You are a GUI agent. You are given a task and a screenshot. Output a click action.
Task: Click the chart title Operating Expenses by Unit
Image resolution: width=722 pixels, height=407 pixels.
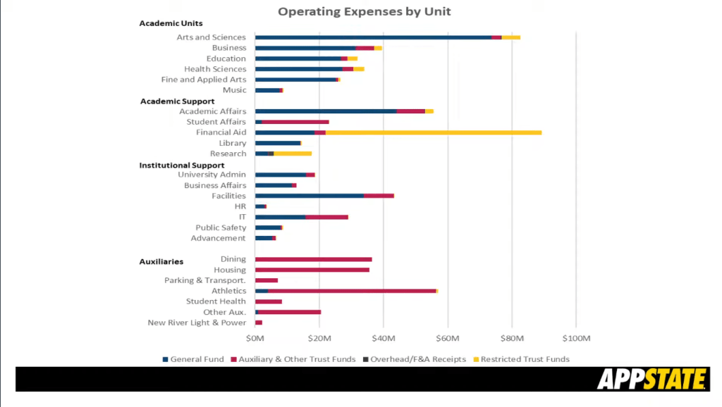pos(364,11)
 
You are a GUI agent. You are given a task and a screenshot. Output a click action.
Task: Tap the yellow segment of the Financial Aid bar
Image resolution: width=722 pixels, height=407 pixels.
pos(433,132)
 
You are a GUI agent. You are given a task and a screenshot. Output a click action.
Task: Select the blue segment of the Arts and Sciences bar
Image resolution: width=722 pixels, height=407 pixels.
pos(373,37)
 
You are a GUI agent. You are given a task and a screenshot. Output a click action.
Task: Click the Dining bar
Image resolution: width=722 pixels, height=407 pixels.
pos(313,259)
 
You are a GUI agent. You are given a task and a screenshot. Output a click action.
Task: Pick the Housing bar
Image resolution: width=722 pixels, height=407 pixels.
pos(312,270)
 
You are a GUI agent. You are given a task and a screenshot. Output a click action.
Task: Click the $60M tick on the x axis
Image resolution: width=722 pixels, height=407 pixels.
pos(447,338)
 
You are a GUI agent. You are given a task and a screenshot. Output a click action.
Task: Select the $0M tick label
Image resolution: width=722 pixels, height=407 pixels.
pos(255,338)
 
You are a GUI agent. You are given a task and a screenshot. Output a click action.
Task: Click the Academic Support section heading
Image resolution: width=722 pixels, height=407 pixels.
pos(177,101)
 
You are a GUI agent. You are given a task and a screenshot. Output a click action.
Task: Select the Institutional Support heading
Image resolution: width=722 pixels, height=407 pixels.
pos(182,165)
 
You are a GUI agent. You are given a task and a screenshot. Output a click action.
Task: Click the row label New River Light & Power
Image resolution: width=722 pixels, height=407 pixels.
pos(197,323)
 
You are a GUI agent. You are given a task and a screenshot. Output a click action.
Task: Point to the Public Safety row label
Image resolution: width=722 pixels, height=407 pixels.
pos(221,227)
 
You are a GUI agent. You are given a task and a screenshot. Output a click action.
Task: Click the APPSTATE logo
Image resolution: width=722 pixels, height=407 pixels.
pos(651,380)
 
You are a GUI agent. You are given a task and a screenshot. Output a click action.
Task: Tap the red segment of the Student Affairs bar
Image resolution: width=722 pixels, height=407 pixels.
pos(295,122)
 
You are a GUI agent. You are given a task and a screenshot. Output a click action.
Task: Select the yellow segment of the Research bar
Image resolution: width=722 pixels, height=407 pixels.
pos(292,154)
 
